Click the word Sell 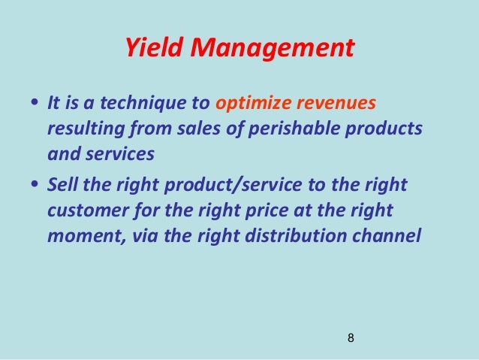point(62,184)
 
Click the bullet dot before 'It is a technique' point(32,104)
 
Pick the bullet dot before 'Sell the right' point(32,186)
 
